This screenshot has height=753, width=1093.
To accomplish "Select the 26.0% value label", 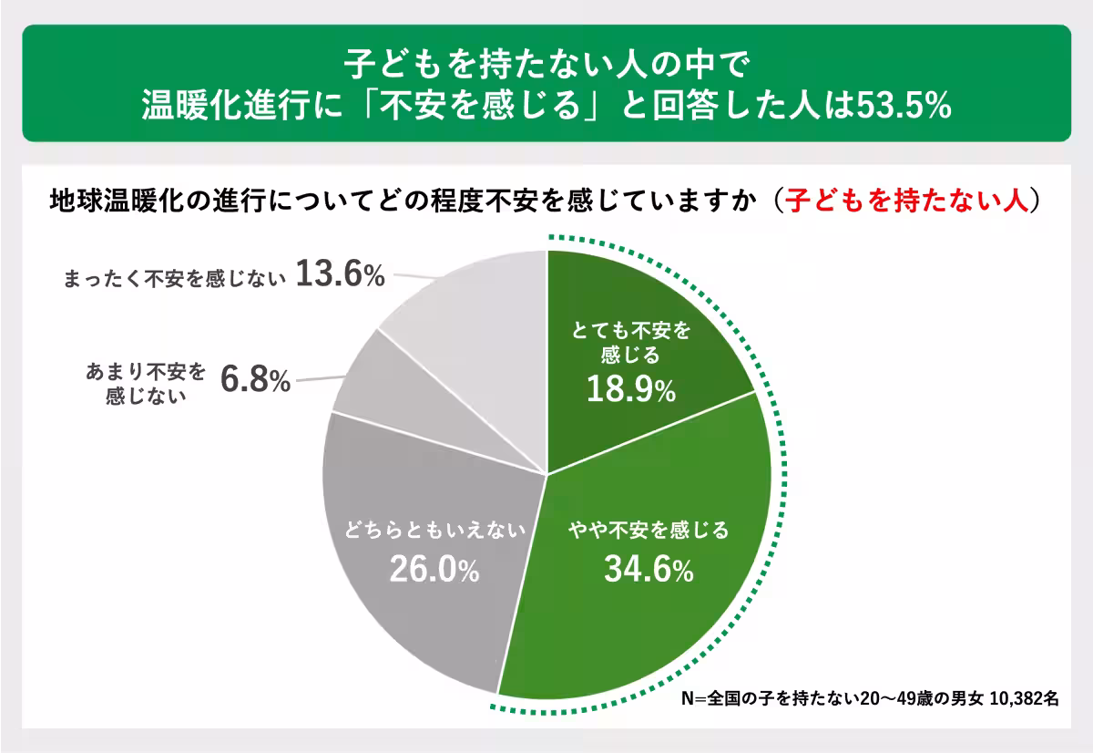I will coord(434,570).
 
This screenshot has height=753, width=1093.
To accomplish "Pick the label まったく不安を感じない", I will coord(173,277).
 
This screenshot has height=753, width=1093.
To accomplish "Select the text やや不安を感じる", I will coord(649,530).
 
